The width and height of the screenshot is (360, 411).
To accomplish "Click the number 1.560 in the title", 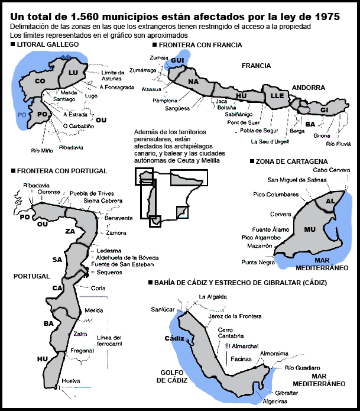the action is pyautogui.click(x=85, y=17).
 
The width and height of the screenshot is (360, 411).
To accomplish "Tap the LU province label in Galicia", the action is pyautogui.click(x=73, y=73).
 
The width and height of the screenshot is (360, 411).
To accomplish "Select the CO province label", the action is pyautogui.click(x=40, y=81).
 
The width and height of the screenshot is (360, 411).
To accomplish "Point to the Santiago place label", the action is pyautogui.click(x=64, y=99).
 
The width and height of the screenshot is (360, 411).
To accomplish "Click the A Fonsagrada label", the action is pyautogui.click(x=117, y=88).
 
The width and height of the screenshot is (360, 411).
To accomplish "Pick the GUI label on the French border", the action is pyautogui.click(x=177, y=60).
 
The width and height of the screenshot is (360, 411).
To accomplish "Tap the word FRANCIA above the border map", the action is pyautogui.click(x=256, y=66).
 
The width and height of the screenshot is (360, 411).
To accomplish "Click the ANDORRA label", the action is pyautogui.click(x=309, y=88).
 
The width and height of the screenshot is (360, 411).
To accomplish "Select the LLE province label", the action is pyautogui.click(x=277, y=96).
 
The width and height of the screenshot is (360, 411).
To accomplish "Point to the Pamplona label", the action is pyautogui.click(x=165, y=101).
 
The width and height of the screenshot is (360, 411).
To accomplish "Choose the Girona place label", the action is pyautogui.click(x=322, y=136).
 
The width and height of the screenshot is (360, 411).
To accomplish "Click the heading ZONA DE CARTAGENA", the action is pyautogui.click(x=291, y=161).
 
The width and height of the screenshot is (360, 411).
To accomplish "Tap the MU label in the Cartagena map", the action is pyautogui.click(x=310, y=229).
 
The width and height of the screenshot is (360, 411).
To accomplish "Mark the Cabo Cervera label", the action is pyautogui.click(x=332, y=170).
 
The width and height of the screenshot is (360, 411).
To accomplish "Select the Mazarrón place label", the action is pyautogui.click(x=260, y=246).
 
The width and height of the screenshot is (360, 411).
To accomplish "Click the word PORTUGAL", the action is pyautogui.click(x=32, y=276).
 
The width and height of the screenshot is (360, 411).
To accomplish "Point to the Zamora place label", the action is pyautogui.click(x=116, y=233).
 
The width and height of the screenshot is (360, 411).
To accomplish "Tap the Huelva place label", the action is pyautogui.click(x=71, y=381).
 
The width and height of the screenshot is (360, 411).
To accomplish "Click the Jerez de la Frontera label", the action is pyautogui.click(x=235, y=316).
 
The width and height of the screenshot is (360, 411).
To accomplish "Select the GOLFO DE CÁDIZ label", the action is pyautogui.click(x=172, y=376).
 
